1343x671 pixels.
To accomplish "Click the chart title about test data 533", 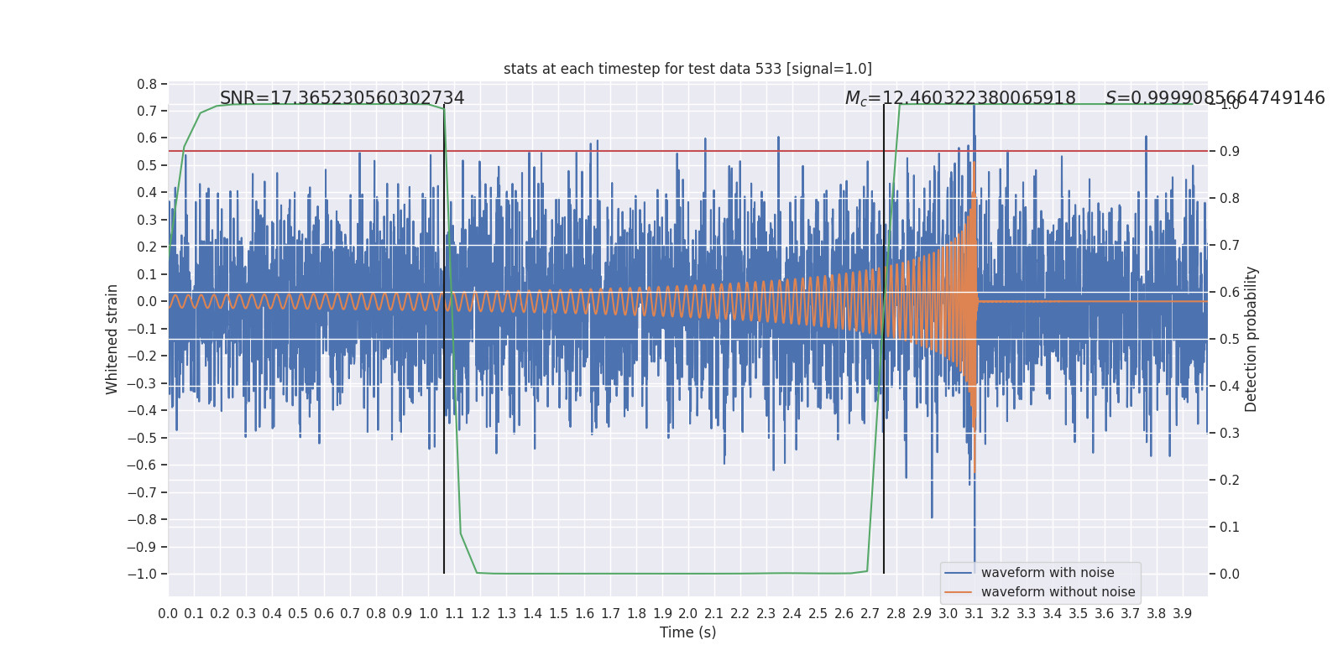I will (x=687, y=69).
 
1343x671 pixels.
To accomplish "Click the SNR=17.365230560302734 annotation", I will (x=342, y=98).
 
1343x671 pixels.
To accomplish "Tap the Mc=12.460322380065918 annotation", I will (x=960, y=98).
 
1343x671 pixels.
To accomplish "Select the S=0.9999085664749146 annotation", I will (x=1215, y=98).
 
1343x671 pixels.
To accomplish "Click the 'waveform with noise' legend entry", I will (x=1047, y=573).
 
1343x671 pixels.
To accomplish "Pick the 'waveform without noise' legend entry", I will (x=1057, y=592).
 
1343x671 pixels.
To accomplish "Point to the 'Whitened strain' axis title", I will (x=112, y=339).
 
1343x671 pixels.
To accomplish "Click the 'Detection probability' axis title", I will (x=1252, y=339).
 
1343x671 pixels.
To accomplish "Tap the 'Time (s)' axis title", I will (x=687, y=632).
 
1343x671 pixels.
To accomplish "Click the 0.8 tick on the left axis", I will (x=147, y=84).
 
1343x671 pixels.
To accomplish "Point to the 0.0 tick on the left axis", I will (x=147, y=301).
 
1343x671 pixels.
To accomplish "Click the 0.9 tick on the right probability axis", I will (x=1230, y=152).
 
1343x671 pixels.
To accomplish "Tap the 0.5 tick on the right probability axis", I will (x=1230, y=340).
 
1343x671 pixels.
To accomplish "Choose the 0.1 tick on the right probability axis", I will (x=1230, y=528).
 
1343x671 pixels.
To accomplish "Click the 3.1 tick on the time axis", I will (x=974, y=614).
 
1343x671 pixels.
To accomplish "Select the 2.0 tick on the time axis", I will (x=688, y=614).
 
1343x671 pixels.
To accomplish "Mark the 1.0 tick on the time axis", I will (x=428, y=614).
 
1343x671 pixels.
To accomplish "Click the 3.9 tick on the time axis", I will (x=1182, y=614).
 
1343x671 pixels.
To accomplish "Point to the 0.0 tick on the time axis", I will (x=168, y=614).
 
